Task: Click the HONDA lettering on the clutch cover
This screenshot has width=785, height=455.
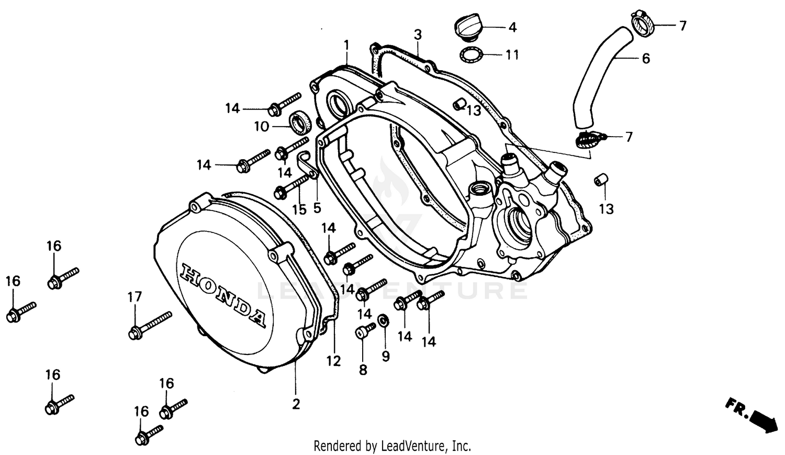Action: pos(222,296)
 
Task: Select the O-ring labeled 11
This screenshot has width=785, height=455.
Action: pos(470,54)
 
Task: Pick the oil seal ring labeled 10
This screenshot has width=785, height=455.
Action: pos(301,124)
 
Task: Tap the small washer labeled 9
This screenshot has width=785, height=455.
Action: pos(383,320)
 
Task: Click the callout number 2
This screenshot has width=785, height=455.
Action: pos(296,404)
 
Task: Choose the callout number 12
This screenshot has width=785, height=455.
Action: pos(333,361)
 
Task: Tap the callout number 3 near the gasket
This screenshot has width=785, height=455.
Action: pos(418,35)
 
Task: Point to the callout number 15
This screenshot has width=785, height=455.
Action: pos(299,210)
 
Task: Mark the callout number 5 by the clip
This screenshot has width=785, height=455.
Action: pos(317,208)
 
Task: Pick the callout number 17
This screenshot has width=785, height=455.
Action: pos(134,297)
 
